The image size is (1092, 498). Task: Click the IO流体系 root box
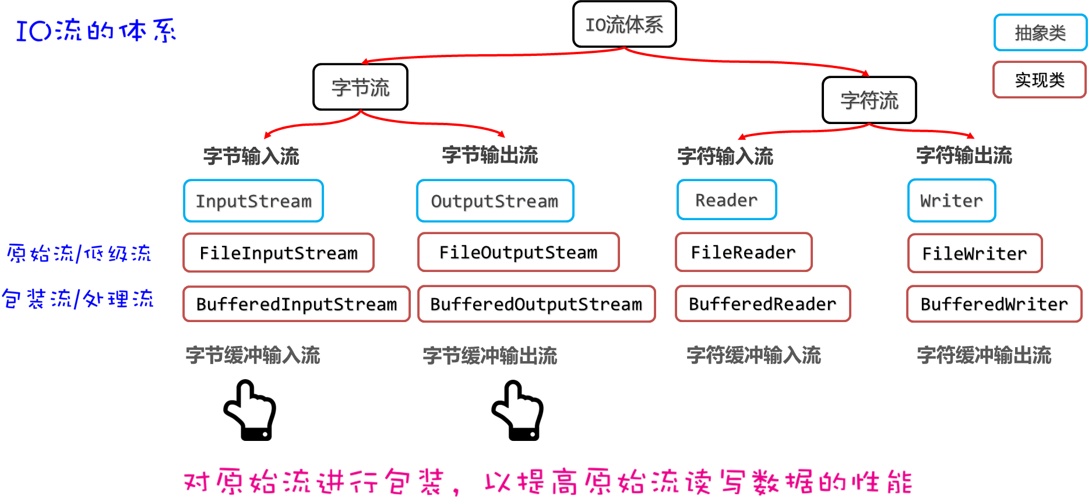point(624,24)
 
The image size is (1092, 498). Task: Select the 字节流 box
point(360,87)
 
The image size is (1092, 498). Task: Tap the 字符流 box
point(869,100)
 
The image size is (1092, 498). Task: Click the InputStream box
point(253,201)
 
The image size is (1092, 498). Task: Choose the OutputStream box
point(495,201)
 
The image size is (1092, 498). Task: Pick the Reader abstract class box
point(727,200)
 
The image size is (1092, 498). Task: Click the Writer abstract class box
point(952,201)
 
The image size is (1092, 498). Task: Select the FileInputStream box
point(279,253)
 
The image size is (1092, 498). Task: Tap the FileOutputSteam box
point(518,252)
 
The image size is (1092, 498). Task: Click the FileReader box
point(744,252)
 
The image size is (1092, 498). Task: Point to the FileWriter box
point(974,253)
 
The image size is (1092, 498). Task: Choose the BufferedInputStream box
point(297,304)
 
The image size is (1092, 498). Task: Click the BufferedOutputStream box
point(536,304)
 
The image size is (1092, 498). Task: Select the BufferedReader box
point(763,304)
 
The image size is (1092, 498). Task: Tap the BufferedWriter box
point(994,304)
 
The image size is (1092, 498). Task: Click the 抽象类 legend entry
point(1040,33)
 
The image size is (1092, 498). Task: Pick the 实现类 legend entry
point(1040,80)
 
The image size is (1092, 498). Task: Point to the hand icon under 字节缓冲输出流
point(517,410)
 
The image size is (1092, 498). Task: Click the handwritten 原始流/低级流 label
point(79,253)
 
